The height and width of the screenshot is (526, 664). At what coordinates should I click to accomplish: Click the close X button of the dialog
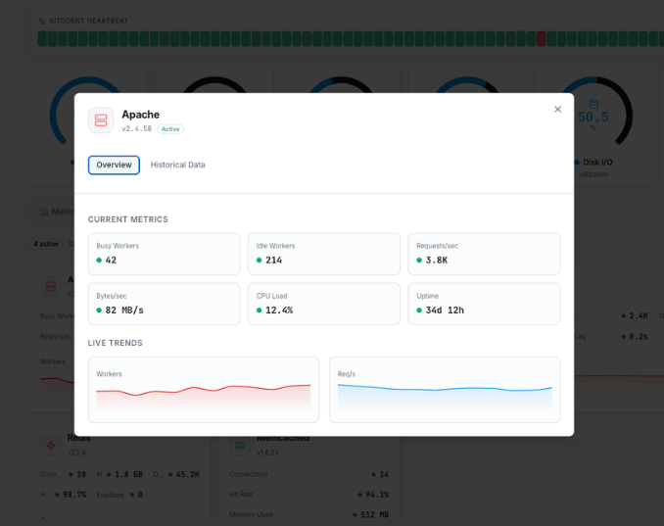(558, 109)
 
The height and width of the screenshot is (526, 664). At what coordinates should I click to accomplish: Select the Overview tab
(114, 165)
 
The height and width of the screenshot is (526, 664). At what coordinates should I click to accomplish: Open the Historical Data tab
(177, 165)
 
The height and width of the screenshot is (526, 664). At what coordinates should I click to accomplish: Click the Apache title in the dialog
(140, 115)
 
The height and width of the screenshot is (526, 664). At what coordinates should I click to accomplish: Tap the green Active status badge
(170, 128)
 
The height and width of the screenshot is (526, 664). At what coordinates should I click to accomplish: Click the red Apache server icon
(101, 120)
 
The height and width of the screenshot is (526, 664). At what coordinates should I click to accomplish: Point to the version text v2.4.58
(136, 128)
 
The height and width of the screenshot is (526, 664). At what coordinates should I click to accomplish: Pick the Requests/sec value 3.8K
(435, 260)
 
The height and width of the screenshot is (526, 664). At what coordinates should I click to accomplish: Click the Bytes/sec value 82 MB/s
(124, 310)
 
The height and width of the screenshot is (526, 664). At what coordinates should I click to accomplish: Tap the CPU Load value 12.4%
(278, 310)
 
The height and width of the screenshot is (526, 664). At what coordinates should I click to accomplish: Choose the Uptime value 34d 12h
(444, 310)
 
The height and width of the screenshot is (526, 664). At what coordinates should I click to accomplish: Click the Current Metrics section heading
(127, 219)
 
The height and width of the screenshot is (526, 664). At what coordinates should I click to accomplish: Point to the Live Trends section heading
(115, 343)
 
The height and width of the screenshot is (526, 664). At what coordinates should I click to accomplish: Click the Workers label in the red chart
(109, 373)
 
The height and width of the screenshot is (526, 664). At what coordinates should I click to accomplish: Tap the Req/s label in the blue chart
(347, 373)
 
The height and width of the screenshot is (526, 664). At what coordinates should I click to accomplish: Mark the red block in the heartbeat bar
(541, 39)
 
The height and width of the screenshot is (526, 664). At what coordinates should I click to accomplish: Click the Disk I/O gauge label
(597, 162)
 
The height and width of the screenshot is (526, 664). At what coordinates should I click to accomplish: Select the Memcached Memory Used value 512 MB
(374, 514)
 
